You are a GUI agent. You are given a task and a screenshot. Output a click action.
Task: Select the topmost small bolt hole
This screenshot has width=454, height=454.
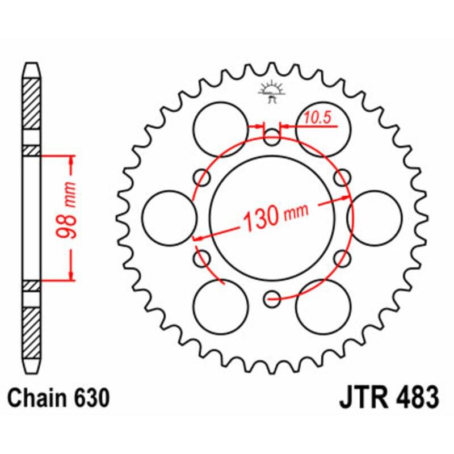[x=272, y=134]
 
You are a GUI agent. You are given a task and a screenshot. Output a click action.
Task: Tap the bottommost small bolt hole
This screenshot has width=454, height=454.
[x=272, y=296]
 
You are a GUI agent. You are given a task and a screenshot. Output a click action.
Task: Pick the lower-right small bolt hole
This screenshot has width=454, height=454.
[x=342, y=259]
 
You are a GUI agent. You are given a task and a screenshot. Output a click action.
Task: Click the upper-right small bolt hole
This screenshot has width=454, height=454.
[x=342, y=177]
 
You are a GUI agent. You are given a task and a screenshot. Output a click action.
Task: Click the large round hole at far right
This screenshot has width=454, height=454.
[x=375, y=218]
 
